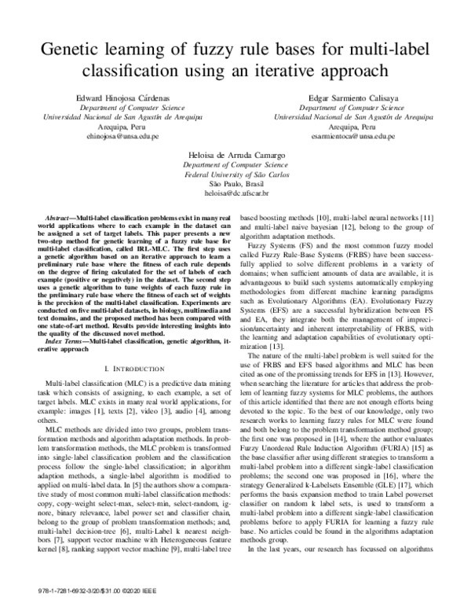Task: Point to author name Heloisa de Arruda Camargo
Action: coord(236,156)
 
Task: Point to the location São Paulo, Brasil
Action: coord(236,185)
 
